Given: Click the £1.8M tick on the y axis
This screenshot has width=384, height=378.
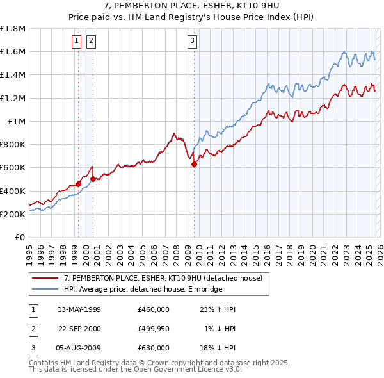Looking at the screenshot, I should (x=13, y=28).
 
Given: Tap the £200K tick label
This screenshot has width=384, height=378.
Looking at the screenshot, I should (x=13, y=214).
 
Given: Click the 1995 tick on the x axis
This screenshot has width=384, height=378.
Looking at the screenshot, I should (x=29, y=250).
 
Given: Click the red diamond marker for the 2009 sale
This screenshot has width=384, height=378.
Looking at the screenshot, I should (x=194, y=164).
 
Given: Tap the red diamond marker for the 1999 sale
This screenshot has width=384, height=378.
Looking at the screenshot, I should (x=78, y=184).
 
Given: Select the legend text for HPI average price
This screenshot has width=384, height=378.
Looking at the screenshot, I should (x=143, y=289).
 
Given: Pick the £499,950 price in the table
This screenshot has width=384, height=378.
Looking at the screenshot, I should (x=154, y=329).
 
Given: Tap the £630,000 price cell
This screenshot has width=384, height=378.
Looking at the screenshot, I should (x=154, y=348).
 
